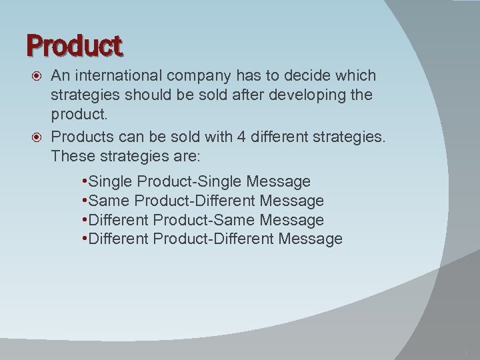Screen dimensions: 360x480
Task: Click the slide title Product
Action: click(x=75, y=45)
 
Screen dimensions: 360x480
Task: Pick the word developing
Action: click(x=311, y=95)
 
